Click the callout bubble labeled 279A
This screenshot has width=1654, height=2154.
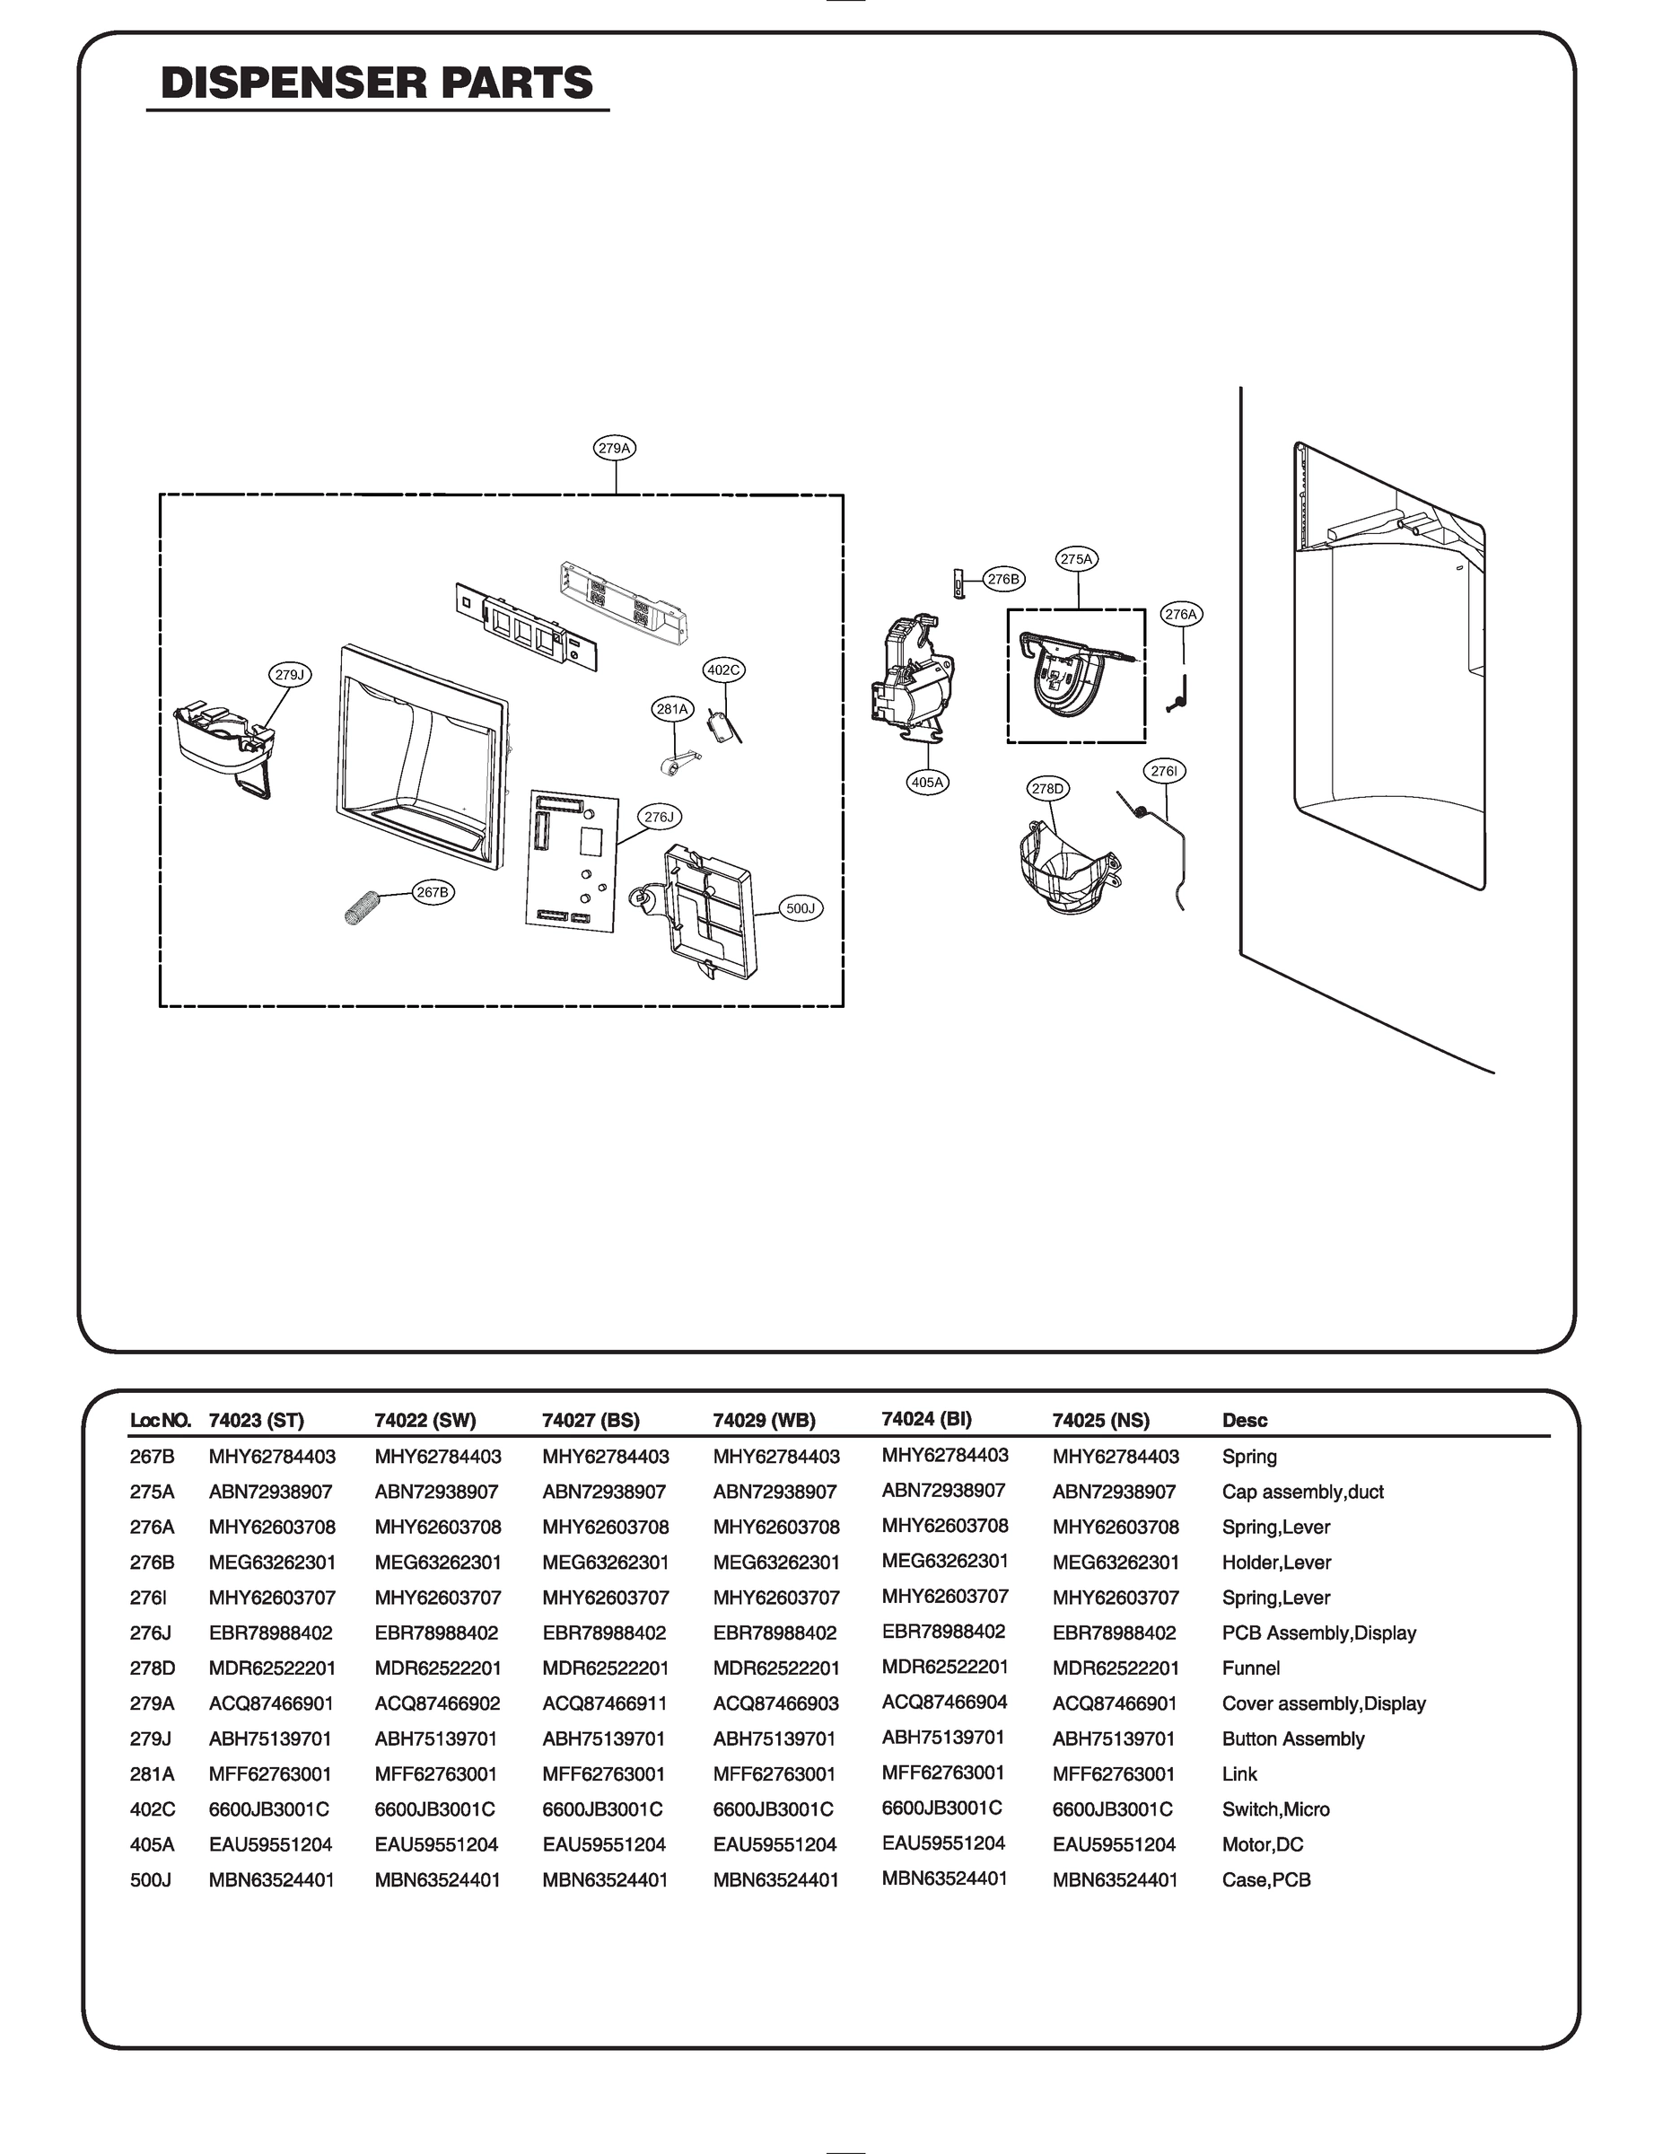point(615,448)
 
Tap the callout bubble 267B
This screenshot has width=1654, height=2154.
point(433,892)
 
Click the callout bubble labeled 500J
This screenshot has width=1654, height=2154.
point(801,907)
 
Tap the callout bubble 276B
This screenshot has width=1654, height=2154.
point(1003,579)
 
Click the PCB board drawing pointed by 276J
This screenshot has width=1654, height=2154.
point(571,858)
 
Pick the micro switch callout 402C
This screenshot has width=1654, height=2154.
point(723,670)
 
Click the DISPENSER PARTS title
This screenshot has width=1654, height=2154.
point(377,83)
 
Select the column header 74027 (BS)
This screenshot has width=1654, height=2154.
point(591,1420)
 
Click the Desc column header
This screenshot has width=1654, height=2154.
point(1245,1420)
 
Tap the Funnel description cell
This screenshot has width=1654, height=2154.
point(1250,1668)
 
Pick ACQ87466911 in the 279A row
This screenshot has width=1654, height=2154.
point(605,1703)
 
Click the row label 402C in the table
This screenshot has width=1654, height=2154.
point(152,1808)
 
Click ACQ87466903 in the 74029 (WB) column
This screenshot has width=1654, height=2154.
point(775,1703)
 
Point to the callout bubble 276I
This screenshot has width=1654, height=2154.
point(1164,771)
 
